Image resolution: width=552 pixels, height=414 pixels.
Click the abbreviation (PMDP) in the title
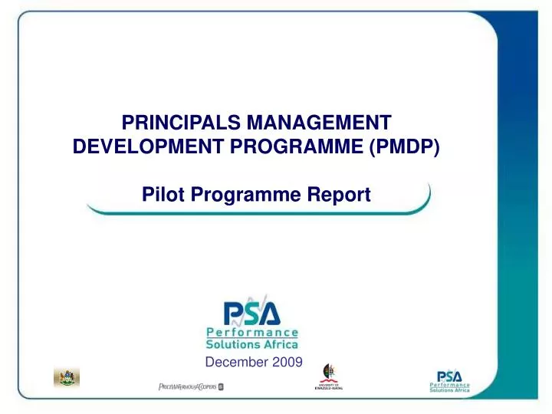click(x=405, y=146)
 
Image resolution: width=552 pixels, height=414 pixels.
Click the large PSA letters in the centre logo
click(x=252, y=313)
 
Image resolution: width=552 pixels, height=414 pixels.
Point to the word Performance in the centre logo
click(x=252, y=333)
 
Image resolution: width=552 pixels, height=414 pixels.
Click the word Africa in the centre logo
click(x=281, y=344)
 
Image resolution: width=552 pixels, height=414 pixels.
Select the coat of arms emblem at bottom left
click(x=66, y=376)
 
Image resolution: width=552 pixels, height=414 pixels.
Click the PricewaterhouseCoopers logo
click(x=186, y=386)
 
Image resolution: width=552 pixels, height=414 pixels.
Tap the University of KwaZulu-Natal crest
click(x=329, y=373)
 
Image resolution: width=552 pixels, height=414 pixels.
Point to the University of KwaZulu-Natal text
click(x=329, y=386)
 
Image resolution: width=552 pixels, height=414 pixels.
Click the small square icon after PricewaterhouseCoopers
click(x=221, y=386)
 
